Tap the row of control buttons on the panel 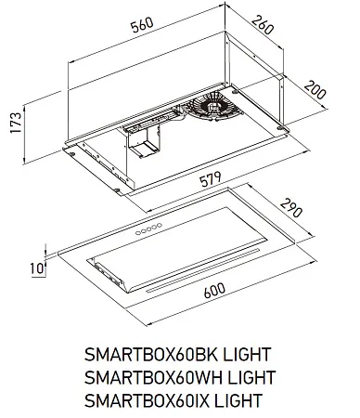[148, 227]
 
